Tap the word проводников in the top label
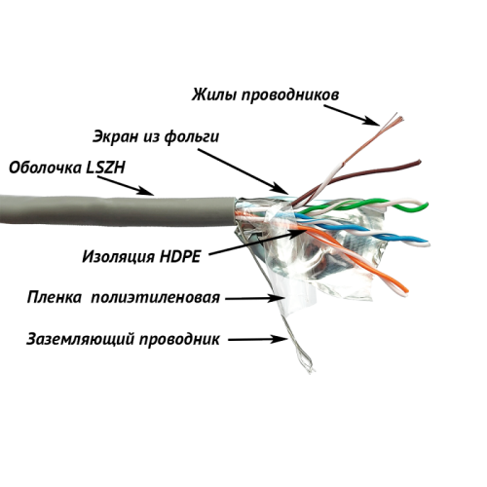(290, 95)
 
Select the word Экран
(116, 137)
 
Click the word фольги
(192, 137)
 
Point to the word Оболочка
(45, 168)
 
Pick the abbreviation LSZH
(105, 168)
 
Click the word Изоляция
(118, 257)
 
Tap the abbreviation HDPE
(179, 257)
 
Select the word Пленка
(55, 297)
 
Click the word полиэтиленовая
(156, 298)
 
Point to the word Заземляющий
(80, 339)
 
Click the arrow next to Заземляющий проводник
(258, 339)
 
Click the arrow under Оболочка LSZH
(126, 185)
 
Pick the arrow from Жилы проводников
(352, 115)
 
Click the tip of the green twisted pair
(428, 205)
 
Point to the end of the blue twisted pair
(428, 243)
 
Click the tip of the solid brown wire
(420, 162)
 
